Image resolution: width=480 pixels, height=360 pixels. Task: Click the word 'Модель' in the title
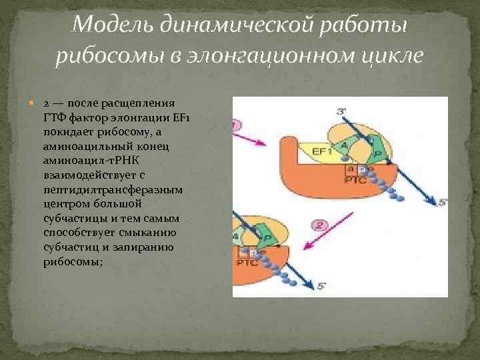(x=107, y=25)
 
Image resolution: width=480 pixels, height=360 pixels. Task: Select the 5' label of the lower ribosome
(x=320, y=287)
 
